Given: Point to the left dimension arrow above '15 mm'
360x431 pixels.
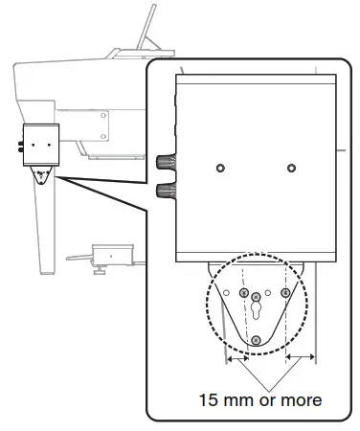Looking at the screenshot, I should [x=235, y=358].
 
